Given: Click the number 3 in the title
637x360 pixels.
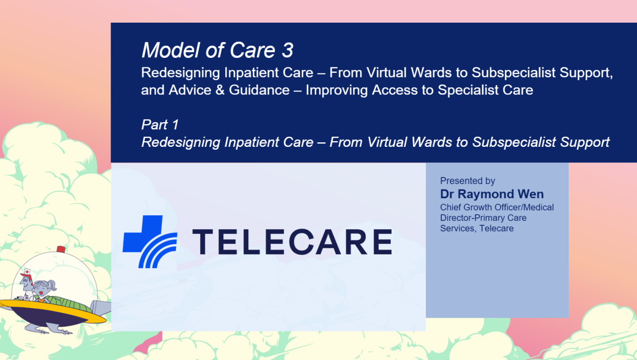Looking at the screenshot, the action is [x=288, y=50].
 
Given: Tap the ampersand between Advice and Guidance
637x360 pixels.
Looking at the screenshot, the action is [x=220, y=90].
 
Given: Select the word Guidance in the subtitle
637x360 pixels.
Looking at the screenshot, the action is [x=259, y=90].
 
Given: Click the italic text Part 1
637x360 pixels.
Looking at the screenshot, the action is [x=160, y=125].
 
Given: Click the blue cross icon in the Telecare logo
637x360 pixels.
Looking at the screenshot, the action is [x=143, y=233].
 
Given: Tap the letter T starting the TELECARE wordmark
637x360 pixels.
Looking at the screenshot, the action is [x=203, y=242].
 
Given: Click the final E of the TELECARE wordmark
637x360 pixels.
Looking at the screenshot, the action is [x=383, y=242].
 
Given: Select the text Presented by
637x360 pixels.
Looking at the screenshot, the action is [x=468, y=181].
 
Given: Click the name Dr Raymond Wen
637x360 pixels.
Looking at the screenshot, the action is [x=492, y=194].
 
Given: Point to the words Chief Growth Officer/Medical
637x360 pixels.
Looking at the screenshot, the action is [x=497, y=207].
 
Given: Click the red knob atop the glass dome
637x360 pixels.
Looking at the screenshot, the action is [x=61, y=249].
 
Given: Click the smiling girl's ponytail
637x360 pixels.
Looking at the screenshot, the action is [x=53, y=285].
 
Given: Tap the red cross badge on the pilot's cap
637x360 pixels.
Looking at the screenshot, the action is [x=27, y=272].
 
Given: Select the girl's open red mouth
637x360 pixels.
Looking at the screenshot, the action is [x=41, y=293].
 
